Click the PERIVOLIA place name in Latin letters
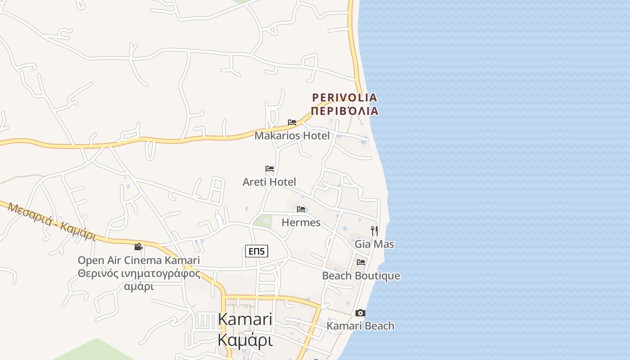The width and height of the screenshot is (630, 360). tap(345, 97)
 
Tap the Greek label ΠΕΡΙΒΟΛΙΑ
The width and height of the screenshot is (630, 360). tap(345, 111)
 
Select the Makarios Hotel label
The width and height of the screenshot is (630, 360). tap(292, 135)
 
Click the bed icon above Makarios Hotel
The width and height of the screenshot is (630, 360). tap(292, 122)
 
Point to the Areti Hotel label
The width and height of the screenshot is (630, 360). tap(269, 182)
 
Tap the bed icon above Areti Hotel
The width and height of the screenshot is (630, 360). tap(270, 169)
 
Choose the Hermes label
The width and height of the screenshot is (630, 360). tap(301, 222)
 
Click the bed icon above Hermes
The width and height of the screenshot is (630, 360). tap(301, 209)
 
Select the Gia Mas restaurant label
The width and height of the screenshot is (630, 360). tap(374, 244)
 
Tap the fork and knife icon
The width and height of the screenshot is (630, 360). tap(374, 231)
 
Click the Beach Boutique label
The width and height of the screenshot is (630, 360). tap(361, 275)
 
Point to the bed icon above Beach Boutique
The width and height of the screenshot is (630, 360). tap(361, 262)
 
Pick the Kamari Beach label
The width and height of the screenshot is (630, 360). tap(360, 326)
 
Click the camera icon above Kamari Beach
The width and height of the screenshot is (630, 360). tap(360, 313)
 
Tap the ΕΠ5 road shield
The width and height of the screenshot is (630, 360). tap(256, 251)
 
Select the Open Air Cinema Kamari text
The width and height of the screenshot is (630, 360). tap(139, 260)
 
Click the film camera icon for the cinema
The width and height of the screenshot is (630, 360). tap(139, 247)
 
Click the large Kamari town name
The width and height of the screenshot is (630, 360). tap(245, 319)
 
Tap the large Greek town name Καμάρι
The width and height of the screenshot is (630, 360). tap(245, 340)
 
